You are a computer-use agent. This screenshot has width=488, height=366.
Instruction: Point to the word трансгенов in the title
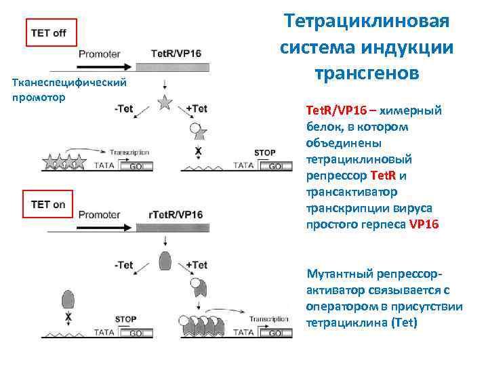367,70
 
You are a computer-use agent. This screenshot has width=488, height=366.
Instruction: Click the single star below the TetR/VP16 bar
164,103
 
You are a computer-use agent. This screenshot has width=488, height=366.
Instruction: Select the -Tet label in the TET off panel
124,108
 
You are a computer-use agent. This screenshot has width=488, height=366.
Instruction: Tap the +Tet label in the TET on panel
196,265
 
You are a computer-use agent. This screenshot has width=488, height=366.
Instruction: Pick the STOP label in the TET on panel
125,319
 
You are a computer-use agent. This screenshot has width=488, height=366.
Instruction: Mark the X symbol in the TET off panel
198,150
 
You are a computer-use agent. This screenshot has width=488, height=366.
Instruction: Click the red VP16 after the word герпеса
424,224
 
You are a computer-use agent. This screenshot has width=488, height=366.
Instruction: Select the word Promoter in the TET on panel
100,215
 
